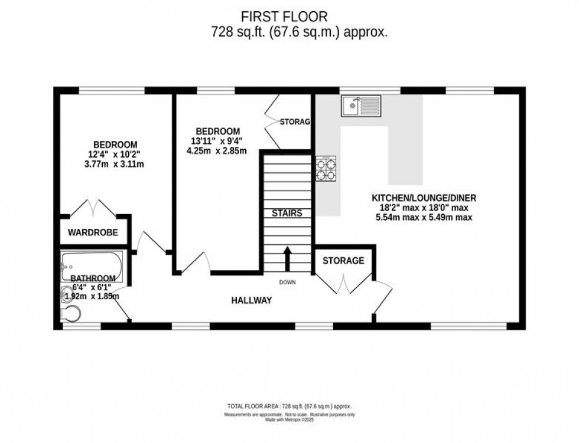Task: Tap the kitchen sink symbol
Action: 361,106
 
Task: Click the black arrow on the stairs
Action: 288,258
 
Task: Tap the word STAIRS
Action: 287,213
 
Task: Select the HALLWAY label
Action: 251,300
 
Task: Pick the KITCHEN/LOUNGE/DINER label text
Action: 424,198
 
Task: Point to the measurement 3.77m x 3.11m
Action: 115,164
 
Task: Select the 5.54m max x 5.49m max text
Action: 424,218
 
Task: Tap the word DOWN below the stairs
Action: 287,283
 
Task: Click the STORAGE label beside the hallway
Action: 343,261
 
